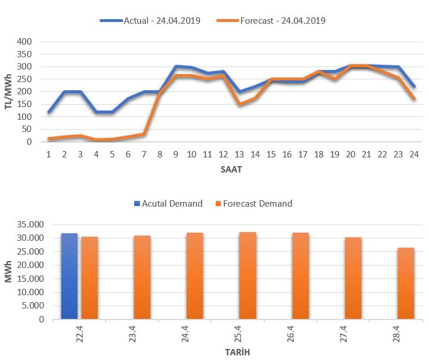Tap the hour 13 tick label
click(239, 155)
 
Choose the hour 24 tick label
click(413, 155)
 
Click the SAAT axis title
click(230, 170)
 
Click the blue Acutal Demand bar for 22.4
click(69, 275)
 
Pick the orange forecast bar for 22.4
click(90, 277)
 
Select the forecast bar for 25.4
click(247, 275)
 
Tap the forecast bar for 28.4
click(406, 283)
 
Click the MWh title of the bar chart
click(8, 271)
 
